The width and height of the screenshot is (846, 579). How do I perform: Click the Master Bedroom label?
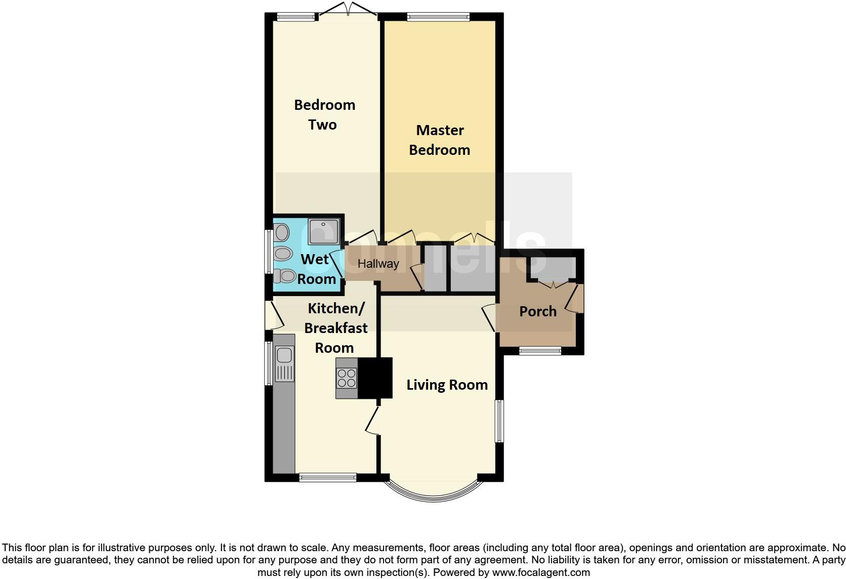(x=439, y=140)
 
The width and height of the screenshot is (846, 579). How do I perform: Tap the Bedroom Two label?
(x=324, y=115)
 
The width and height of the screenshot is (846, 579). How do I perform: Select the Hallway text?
(x=378, y=264)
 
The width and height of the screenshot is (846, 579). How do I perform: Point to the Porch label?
(x=537, y=311)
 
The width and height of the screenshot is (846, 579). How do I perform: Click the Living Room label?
(x=447, y=385)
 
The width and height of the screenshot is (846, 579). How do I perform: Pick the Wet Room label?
(x=316, y=269)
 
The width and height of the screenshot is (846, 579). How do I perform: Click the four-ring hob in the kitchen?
(x=347, y=378)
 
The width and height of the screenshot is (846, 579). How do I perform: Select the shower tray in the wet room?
(x=323, y=232)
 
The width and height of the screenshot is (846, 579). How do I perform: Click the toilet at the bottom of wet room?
(x=285, y=276)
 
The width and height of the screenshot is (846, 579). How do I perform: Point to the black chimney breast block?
(x=375, y=378)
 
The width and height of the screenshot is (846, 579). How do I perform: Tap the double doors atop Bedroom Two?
(x=348, y=9)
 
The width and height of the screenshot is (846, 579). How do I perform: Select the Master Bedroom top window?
(x=438, y=17)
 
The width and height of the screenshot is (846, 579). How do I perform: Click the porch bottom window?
(x=540, y=350)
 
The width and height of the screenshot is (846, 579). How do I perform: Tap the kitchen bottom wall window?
(x=327, y=477)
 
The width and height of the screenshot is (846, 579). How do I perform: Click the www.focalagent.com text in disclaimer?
(x=540, y=573)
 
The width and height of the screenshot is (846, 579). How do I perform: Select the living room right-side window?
(x=499, y=421)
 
